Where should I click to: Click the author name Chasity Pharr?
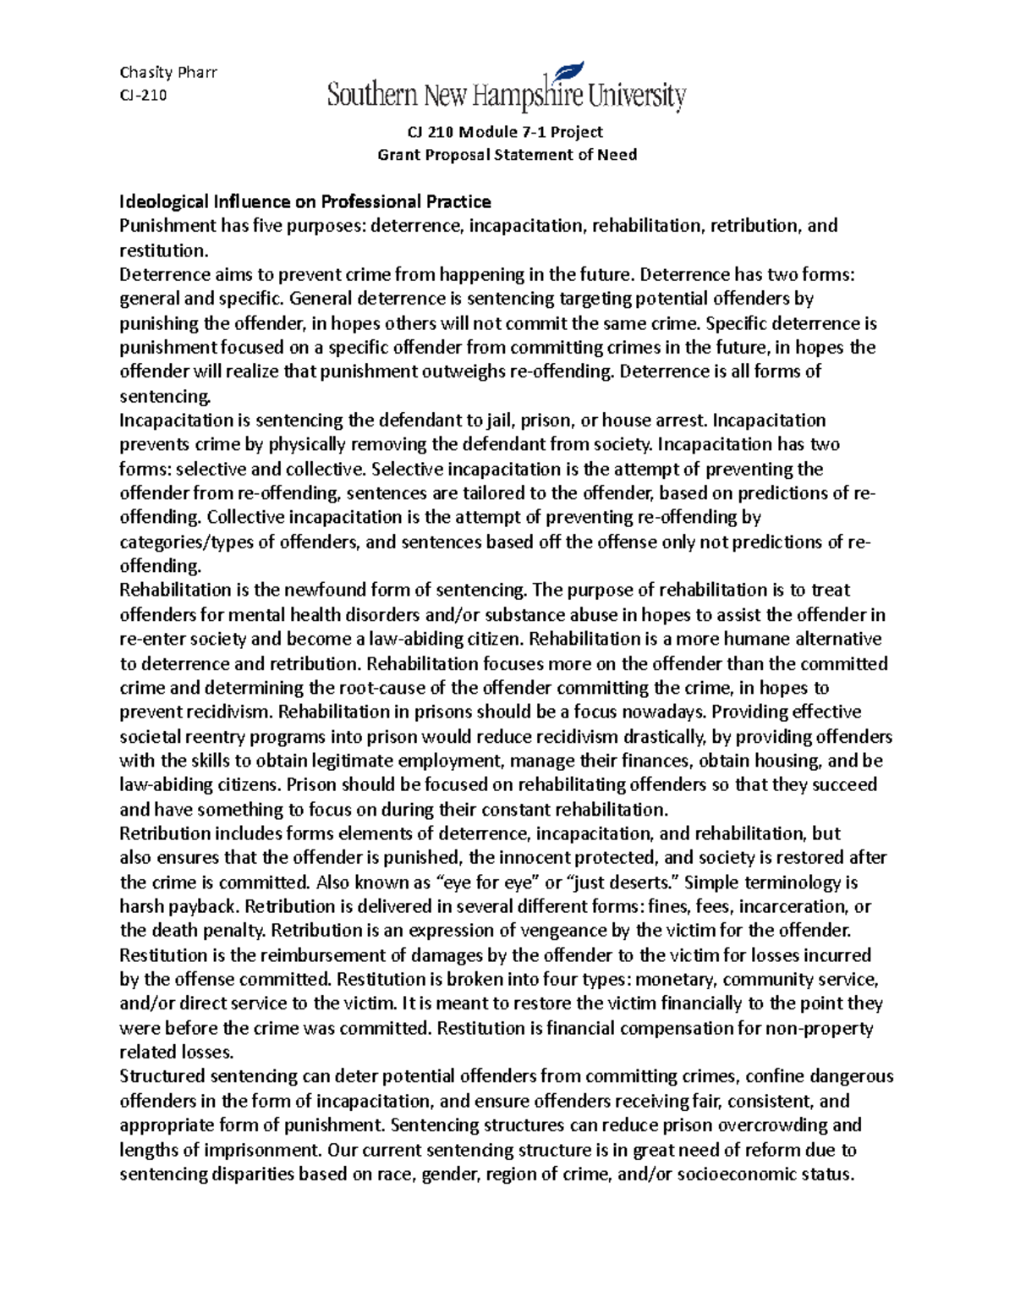point(168,72)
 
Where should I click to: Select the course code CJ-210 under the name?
point(143,95)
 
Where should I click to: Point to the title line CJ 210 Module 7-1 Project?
point(506,131)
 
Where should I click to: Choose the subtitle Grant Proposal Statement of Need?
point(506,155)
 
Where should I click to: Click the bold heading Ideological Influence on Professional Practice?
point(304,201)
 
